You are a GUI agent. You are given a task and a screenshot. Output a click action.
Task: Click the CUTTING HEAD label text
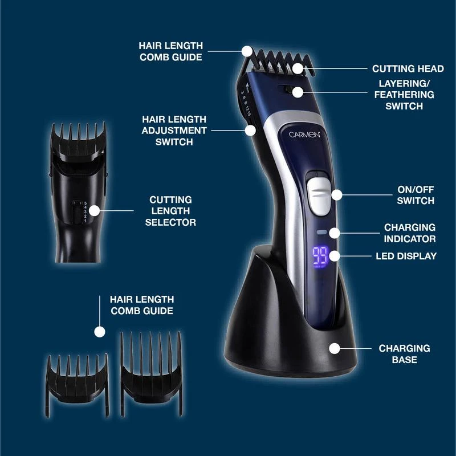(408, 69)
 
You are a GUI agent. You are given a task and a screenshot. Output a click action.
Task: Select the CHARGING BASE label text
(405, 353)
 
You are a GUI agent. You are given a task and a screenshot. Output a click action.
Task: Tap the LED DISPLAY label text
(406, 256)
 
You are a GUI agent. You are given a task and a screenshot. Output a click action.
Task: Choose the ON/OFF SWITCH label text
(416, 195)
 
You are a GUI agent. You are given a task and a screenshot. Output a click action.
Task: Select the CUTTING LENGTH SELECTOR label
(170, 211)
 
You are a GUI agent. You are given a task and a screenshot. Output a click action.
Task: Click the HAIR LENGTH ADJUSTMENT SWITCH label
(174, 130)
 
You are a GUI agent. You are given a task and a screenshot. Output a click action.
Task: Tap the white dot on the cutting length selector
(95, 210)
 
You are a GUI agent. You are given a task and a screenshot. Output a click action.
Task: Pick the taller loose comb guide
(151, 364)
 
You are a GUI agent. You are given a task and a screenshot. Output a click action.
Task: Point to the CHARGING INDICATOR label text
(409, 233)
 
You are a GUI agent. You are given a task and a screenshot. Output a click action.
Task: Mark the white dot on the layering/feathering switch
(297, 92)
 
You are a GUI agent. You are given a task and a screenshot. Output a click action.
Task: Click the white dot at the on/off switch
(336, 195)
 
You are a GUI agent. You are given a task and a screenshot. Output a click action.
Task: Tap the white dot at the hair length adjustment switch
(251, 130)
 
